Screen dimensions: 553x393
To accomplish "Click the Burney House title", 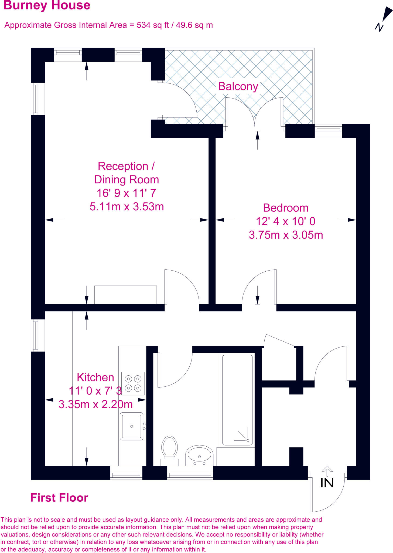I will tap(47, 5).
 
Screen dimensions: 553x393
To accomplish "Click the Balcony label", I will tap(238, 86).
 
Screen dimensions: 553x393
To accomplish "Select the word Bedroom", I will tap(286, 208).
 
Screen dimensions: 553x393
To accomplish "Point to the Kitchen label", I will tap(95, 377).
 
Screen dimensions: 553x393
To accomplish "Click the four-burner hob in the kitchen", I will tap(133, 383).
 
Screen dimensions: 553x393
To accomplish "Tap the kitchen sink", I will tap(132, 426).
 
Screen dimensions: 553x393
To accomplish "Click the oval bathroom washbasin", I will tap(199, 455).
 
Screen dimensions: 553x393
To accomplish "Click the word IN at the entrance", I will tap(327, 483).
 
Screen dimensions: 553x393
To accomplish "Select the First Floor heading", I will tap(59, 498).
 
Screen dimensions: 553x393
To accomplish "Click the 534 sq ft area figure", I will tap(153, 25).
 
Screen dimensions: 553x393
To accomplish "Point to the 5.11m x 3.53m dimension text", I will tap(127, 207).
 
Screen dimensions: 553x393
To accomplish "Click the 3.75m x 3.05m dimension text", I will tap(286, 235).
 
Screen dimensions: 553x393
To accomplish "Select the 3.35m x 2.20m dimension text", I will tap(95, 404).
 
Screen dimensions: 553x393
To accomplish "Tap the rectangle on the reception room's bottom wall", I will tap(125, 295).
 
